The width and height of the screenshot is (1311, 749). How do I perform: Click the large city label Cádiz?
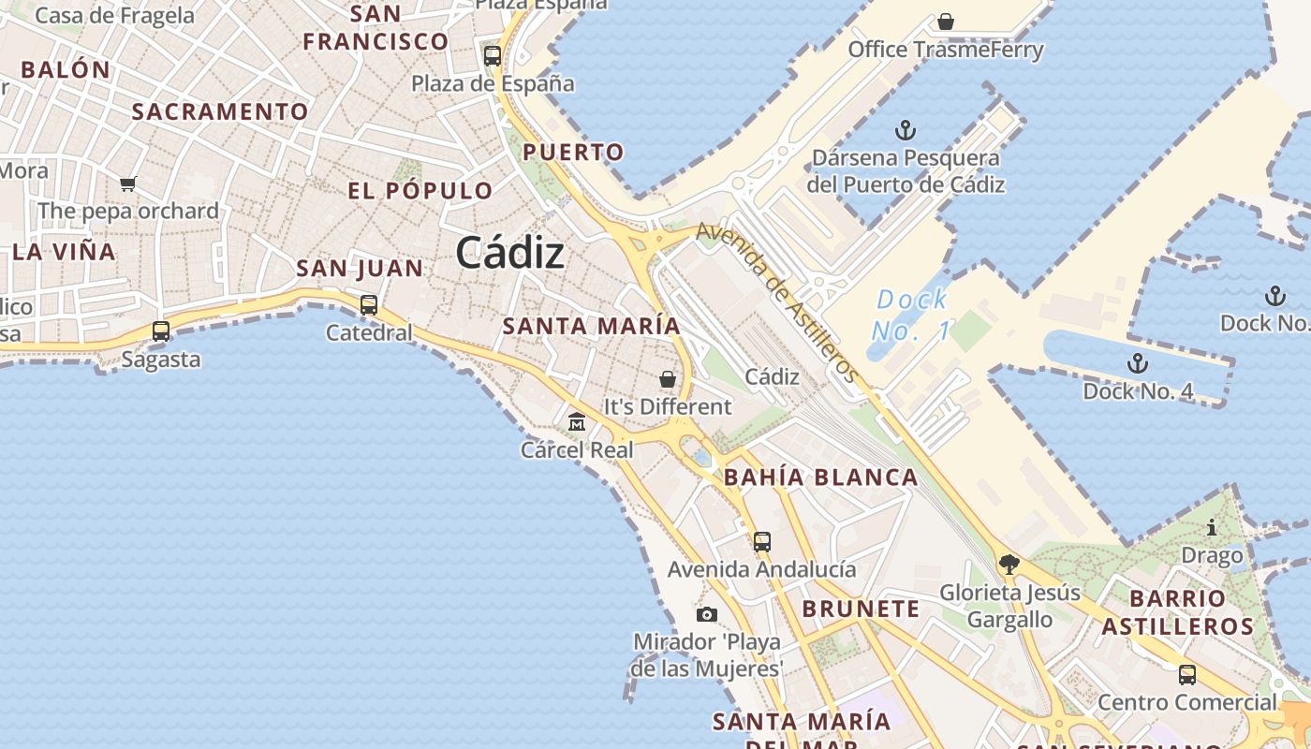pyautogui.click(x=510, y=253)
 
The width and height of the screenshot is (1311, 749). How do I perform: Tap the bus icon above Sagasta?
pyautogui.click(x=161, y=331)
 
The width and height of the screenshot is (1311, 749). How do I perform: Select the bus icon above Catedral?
pyautogui.click(x=369, y=305)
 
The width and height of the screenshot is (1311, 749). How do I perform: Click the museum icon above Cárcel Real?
pyautogui.click(x=577, y=422)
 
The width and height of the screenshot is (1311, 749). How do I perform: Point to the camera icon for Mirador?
pyautogui.click(x=707, y=614)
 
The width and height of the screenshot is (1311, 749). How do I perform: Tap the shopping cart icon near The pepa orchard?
pyautogui.click(x=128, y=184)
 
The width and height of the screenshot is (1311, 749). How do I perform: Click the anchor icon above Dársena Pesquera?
pyautogui.click(x=905, y=130)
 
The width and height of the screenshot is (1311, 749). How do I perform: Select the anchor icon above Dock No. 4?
pyautogui.click(x=1137, y=363)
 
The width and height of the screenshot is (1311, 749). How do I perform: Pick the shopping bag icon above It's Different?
pyautogui.click(x=668, y=379)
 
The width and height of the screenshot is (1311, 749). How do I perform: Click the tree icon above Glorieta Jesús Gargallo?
pyautogui.click(x=1009, y=564)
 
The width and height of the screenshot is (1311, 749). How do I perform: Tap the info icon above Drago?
pyautogui.click(x=1212, y=528)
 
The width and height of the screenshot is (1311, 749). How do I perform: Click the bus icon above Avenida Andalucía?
pyautogui.click(x=762, y=541)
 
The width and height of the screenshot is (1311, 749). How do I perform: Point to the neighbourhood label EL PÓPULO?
pyautogui.click(x=420, y=191)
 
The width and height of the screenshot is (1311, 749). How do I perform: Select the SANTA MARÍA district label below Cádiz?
pyautogui.click(x=591, y=327)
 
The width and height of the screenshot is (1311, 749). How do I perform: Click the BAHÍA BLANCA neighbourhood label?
pyautogui.click(x=821, y=477)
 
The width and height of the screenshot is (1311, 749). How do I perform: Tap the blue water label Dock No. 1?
pyautogui.click(x=911, y=316)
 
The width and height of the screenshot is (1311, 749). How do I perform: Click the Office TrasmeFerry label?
pyautogui.click(x=946, y=50)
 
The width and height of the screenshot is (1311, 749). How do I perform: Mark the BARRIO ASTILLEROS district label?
pyautogui.click(x=1177, y=612)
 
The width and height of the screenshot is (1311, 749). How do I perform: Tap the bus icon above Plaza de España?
pyautogui.click(x=493, y=55)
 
